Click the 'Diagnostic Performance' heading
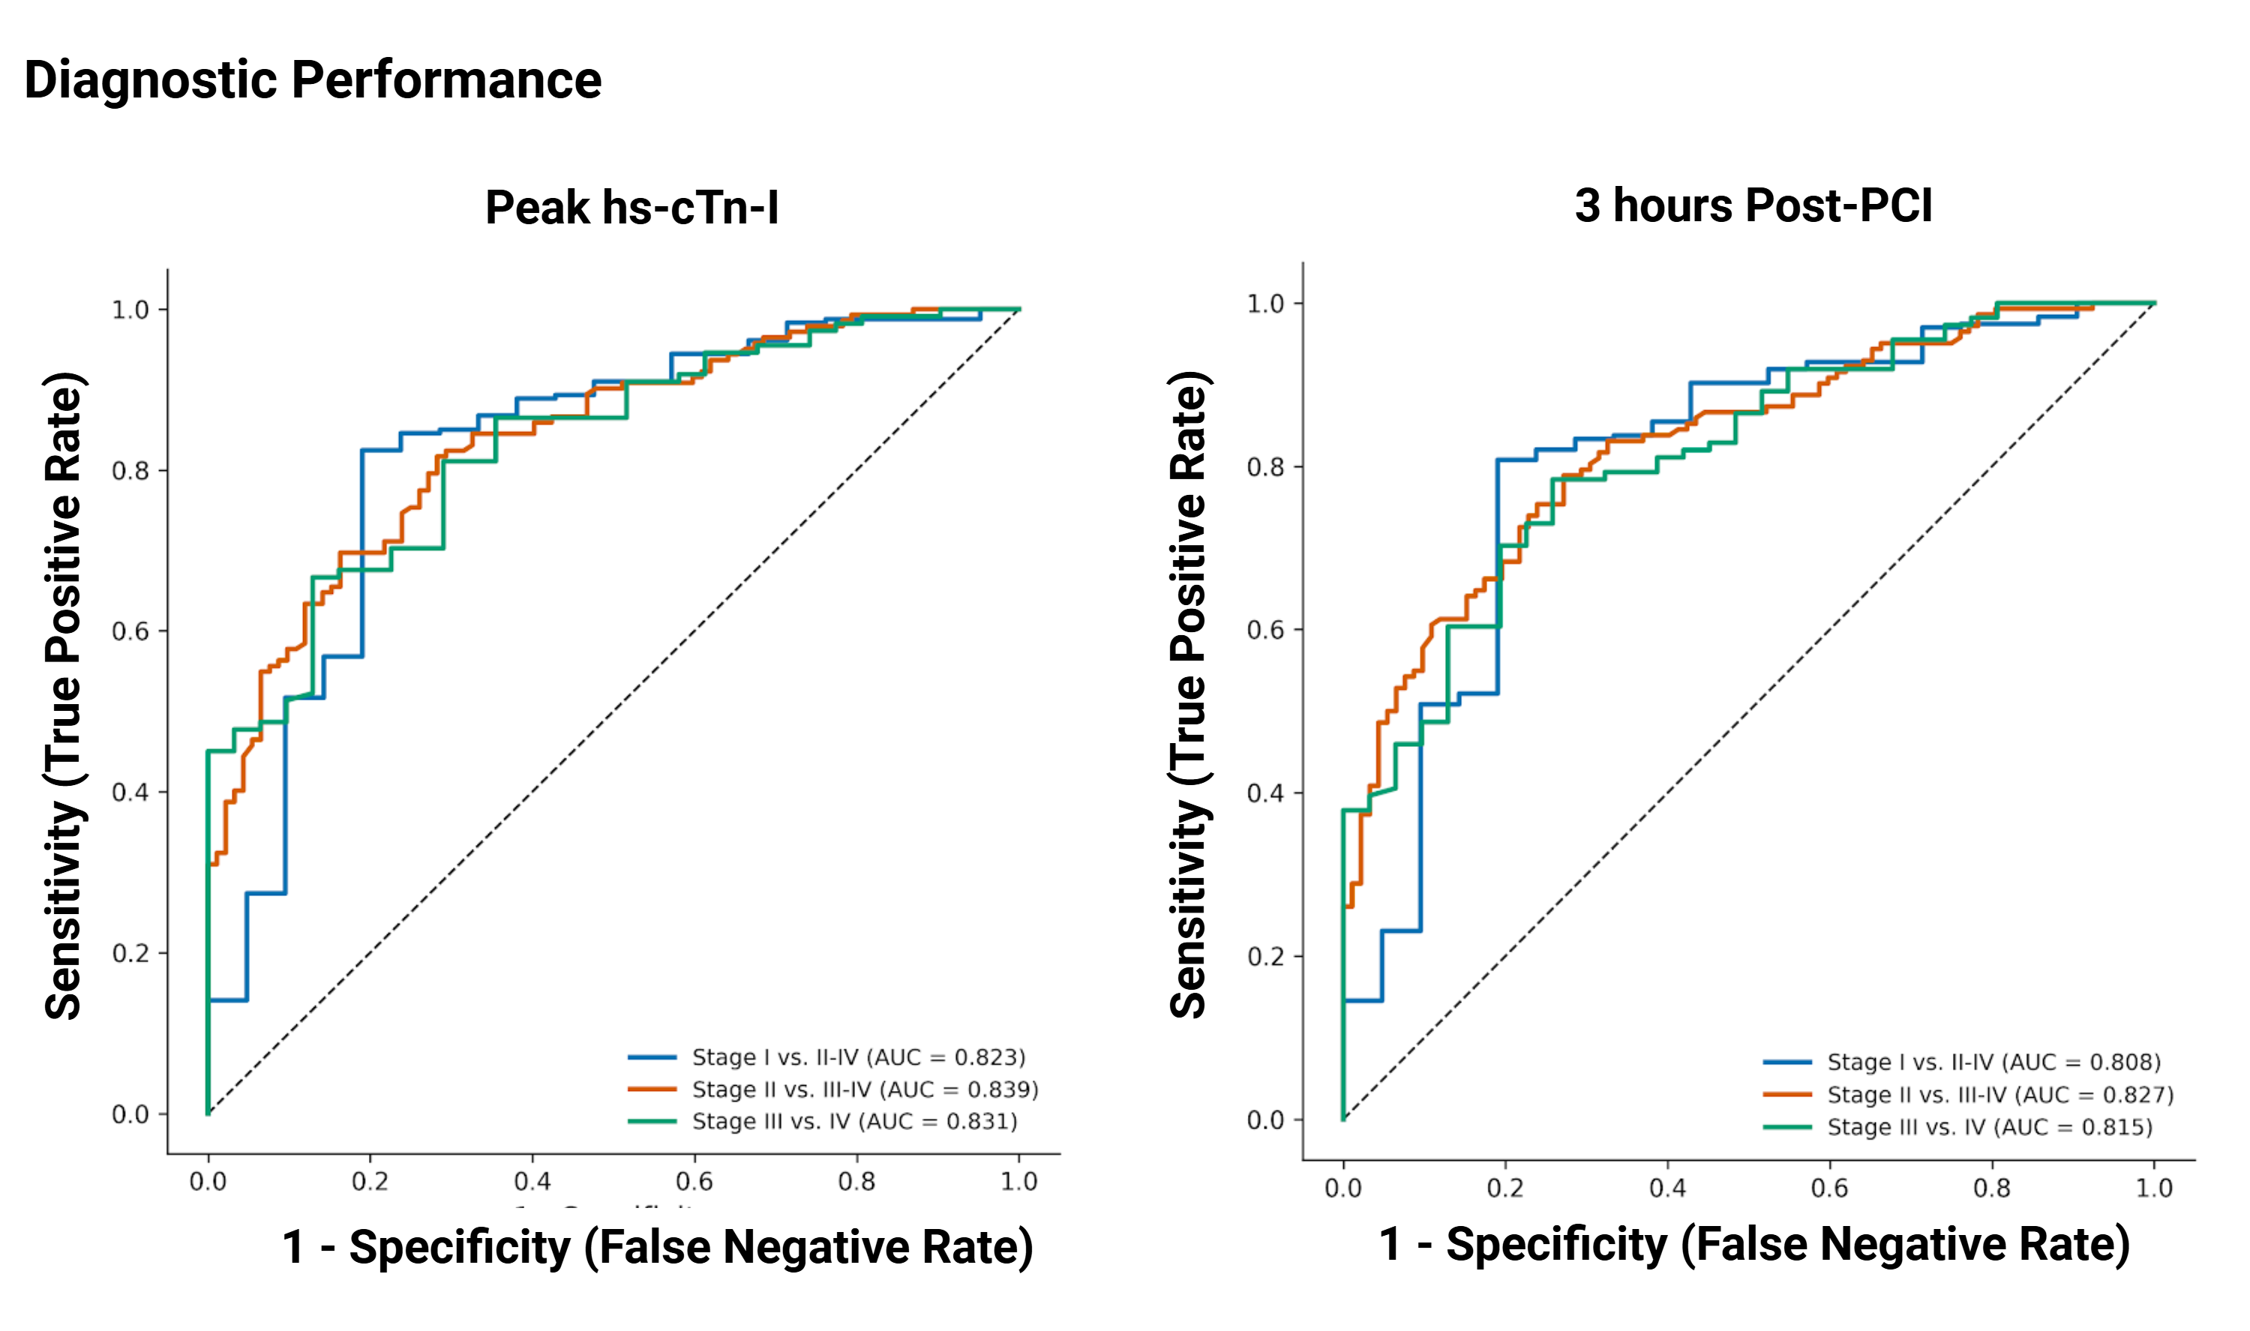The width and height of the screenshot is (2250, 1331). click(x=312, y=79)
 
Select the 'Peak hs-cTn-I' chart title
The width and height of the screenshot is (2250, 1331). click(x=631, y=207)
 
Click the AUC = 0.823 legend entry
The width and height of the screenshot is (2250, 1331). click(x=857, y=1057)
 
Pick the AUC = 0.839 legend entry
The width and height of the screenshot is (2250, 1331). click(x=865, y=1090)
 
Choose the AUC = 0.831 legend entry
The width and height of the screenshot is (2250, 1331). click(x=853, y=1121)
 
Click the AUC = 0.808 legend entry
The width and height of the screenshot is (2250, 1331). click(x=1993, y=1062)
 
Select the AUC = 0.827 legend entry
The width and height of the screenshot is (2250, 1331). click(x=1999, y=1094)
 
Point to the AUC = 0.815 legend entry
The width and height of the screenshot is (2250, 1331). click(x=1989, y=1126)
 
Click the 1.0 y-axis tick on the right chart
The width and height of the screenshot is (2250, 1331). click(x=1265, y=304)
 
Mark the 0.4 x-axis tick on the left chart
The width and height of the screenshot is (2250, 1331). click(x=532, y=1181)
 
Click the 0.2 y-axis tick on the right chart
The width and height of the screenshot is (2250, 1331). click(x=1265, y=956)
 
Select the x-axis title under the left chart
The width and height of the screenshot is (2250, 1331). click(x=656, y=1247)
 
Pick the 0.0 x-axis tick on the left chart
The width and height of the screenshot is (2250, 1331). click(x=207, y=1181)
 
